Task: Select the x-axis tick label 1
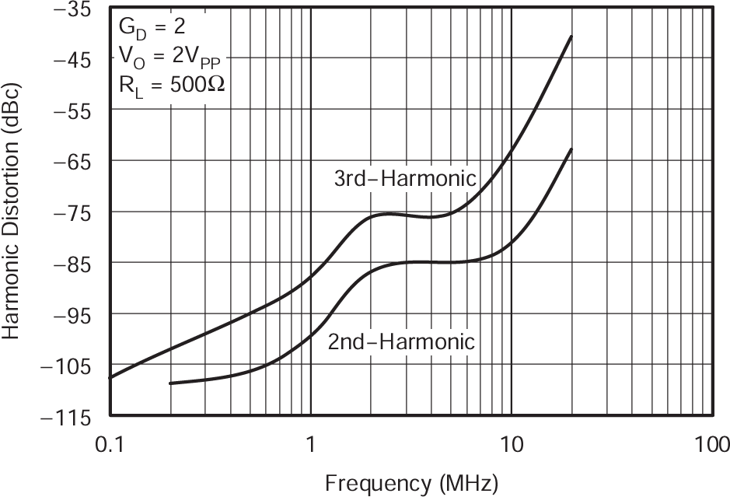coord(311,445)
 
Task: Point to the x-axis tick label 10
coord(511,445)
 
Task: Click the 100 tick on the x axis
coord(711,445)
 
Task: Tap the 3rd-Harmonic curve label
coord(404,179)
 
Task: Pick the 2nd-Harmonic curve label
coord(401,341)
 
